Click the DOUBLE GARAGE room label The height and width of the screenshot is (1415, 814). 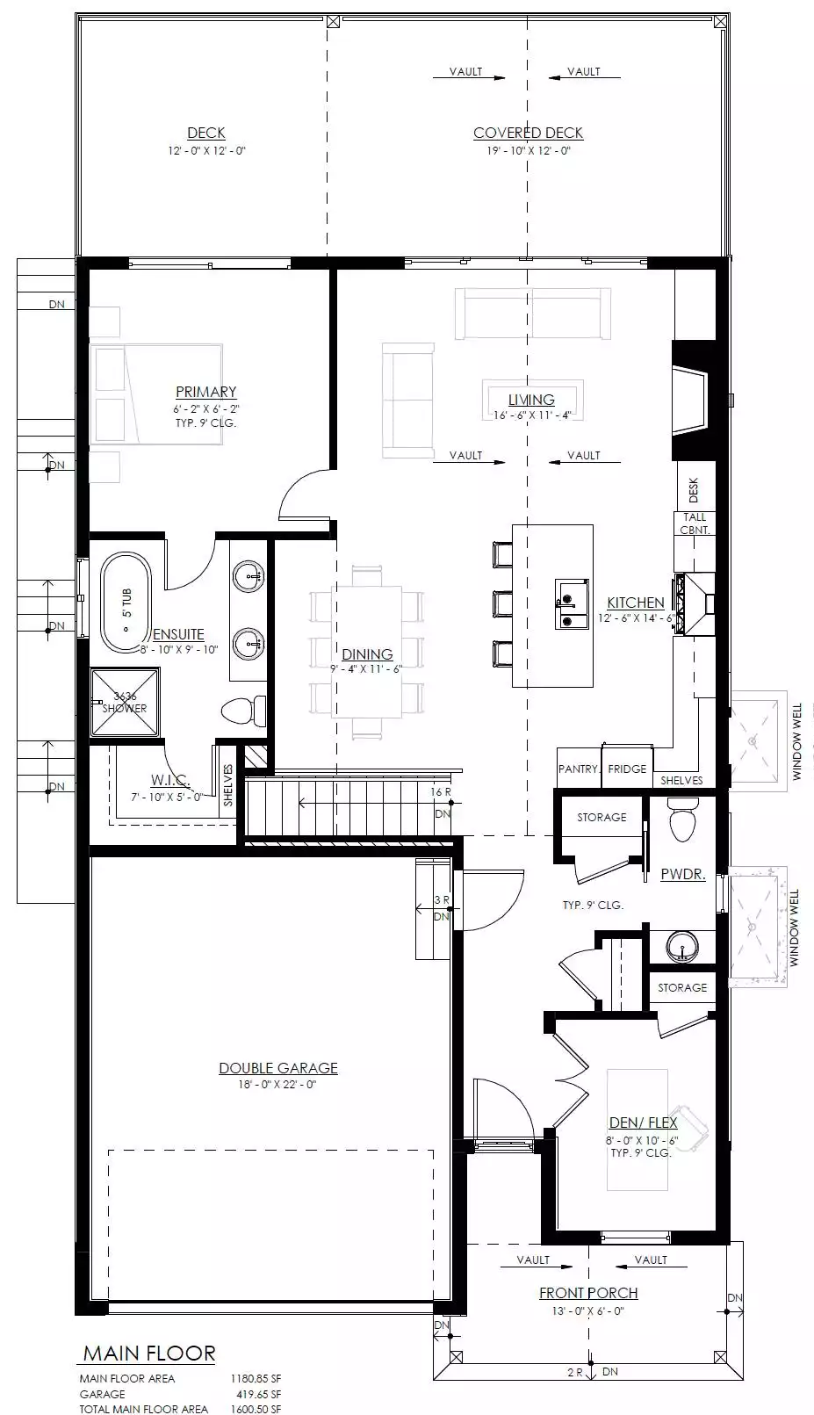(x=277, y=1068)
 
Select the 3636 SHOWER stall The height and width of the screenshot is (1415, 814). (x=125, y=703)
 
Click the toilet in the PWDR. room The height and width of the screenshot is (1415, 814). (x=682, y=819)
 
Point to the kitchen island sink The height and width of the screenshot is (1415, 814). (x=573, y=604)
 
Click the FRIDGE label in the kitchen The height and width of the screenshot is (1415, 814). (x=627, y=769)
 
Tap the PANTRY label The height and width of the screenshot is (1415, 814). (x=579, y=769)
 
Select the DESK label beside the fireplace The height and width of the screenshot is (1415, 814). (x=694, y=489)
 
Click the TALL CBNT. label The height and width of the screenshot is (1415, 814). (x=695, y=523)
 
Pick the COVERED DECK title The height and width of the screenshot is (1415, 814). (x=528, y=134)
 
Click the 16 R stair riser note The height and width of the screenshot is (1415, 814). (x=441, y=792)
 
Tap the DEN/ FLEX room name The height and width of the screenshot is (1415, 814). (x=643, y=1123)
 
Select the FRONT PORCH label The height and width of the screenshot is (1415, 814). (x=588, y=1293)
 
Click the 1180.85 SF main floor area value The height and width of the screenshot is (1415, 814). (x=256, y=1378)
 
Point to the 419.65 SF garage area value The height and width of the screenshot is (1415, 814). (x=256, y=1394)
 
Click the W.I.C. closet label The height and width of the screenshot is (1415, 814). (x=169, y=780)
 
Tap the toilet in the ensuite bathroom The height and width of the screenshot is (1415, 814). (x=244, y=711)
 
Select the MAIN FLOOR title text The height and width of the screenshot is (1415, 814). (x=149, y=1354)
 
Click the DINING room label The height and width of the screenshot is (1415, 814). (x=368, y=654)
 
